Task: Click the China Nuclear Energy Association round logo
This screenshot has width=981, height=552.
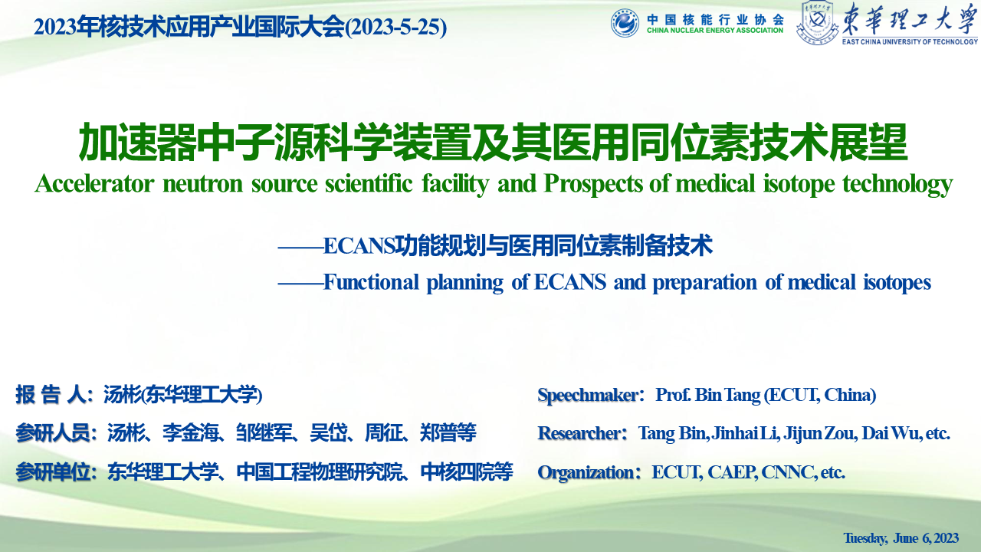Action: [x=625, y=22]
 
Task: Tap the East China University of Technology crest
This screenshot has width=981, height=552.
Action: [x=817, y=23]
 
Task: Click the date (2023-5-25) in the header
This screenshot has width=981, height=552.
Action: [x=396, y=27]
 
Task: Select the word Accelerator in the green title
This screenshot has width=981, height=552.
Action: [x=94, y=183]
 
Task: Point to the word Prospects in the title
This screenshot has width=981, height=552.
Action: [x=593, y=184]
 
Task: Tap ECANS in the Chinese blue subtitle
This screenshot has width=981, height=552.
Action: [x=359, y=246]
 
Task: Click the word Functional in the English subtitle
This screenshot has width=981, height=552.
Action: [x=371, y=282]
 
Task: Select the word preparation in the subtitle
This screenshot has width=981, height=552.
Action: [x=704, y=283]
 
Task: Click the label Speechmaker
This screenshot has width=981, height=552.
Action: [x=588, y=395]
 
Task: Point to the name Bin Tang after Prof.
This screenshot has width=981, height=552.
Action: [x=728, y=395]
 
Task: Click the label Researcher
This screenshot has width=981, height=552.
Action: [x=579, y=433]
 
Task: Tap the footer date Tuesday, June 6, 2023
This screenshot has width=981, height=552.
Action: [x=901, y=538]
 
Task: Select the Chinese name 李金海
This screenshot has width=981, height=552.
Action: [x=191, y=433]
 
